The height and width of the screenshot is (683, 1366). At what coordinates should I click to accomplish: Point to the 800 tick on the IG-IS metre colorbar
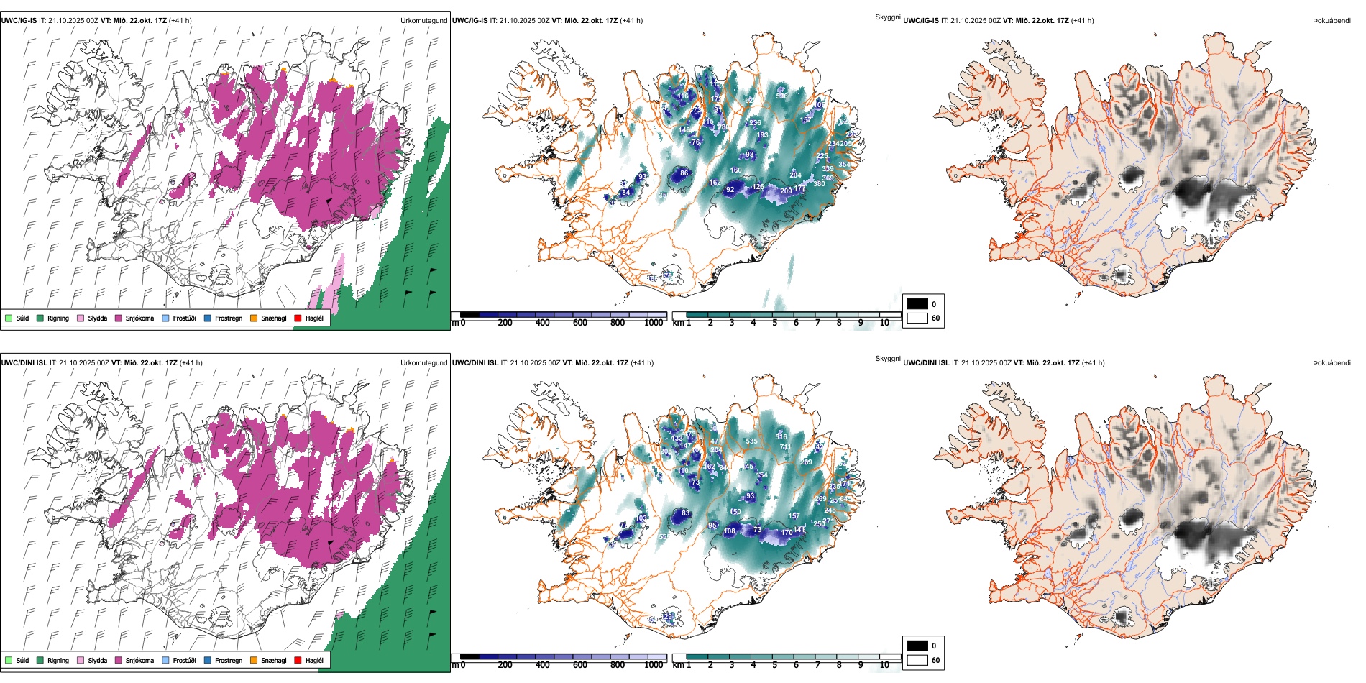point(617,323)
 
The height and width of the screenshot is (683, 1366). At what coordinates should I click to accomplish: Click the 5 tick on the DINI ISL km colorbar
point(774,665)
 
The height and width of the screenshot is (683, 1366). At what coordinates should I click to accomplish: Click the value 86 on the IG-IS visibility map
point(684,173)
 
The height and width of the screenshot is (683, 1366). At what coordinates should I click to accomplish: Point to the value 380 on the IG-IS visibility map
point(819,184)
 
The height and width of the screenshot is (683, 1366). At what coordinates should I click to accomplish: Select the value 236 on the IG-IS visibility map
point(755,123)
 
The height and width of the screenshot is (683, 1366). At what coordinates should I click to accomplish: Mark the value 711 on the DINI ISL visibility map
point(785,447)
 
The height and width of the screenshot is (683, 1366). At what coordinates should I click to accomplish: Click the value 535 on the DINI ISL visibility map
point(751,441)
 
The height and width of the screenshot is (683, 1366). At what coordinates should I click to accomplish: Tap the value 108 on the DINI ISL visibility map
point(730,531)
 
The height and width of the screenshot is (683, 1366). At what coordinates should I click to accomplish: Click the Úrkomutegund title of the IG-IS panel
point(423,21)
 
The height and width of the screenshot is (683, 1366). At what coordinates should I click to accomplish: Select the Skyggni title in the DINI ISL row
point(887,359)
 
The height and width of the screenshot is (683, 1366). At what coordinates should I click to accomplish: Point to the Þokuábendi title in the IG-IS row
point(1331,21)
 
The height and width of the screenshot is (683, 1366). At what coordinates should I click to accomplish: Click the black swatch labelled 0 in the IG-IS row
point(917,304)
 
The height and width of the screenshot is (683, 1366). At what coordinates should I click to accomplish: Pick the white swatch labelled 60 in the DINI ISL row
point(917,660)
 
